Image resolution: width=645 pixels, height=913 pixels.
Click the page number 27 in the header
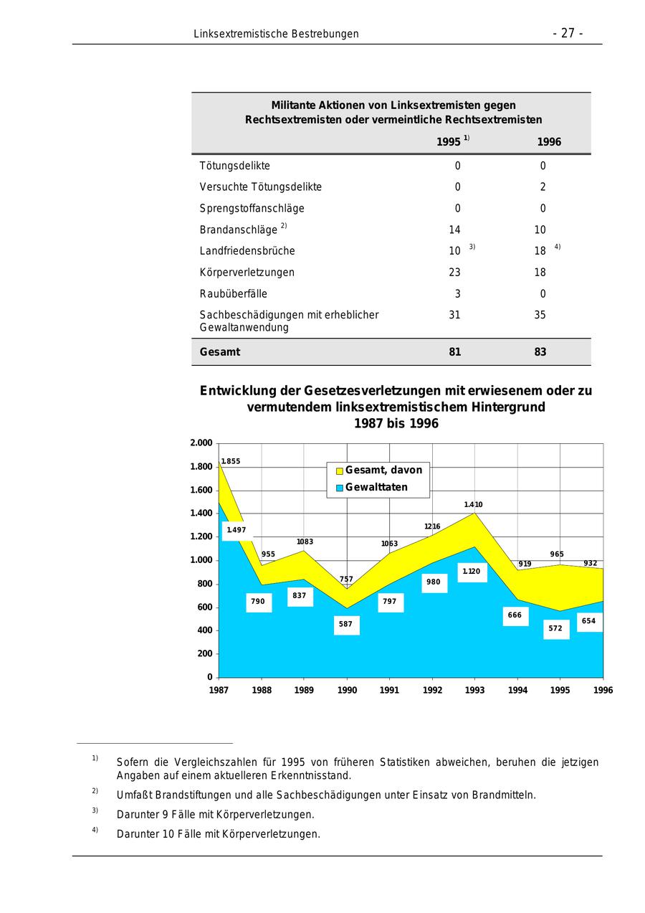click(x=568, y=34)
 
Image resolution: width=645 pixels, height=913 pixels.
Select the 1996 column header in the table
click(x=549, y=142)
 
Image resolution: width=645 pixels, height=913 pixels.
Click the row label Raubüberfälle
click(x=233, y=293)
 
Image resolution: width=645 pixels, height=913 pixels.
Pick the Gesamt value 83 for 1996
click(x=540, y=352)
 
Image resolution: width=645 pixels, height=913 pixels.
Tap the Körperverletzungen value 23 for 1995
click(x=454, y=273)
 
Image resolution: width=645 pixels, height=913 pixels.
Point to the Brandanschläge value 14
click(x=454, y=230)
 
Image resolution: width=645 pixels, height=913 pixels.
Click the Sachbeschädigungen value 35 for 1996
click(x=540, y=315)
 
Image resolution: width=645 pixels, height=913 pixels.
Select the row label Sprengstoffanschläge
click(x=252, y=209)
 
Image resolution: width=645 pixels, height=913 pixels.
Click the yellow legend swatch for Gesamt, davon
click(x=340, y=470)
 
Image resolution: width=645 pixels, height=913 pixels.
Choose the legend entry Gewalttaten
click(x=376, y=488)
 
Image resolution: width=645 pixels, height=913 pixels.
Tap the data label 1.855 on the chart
click(x=230, y=461)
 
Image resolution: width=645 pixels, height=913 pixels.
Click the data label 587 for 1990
click(x=346, y=625)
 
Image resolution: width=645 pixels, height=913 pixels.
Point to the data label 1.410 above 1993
click(x=473, y=505)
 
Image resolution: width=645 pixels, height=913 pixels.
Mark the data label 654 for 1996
click(x=588, y=621)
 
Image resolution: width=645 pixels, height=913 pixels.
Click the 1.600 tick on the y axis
click(x=201, y=491)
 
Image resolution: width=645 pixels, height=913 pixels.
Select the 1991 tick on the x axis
click(x=389, y=690)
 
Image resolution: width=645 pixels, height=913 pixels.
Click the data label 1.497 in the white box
click(x=236, y=531)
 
